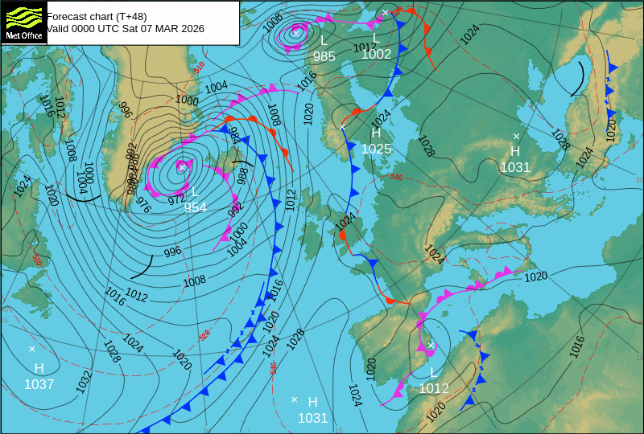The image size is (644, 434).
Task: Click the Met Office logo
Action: pyautogui.click(x=23, y=23)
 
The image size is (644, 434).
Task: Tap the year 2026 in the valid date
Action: pyautogui.click(x=191, y=29)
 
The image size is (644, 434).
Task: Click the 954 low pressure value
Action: pyautogui.click(x=195, y=207)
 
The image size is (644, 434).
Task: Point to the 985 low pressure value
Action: pyautogui.click(x=324, y=56)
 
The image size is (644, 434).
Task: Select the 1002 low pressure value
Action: pyautogui.click(x=376, y=54)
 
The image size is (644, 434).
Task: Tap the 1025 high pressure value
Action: pyautogui.click(x=376, y=149)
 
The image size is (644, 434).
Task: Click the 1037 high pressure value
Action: pyautogui.click(x=39, y=384)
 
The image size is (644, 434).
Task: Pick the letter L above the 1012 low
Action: pyautogui.click(x=433, y=373)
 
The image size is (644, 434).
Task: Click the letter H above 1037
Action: pyautogui.click(x=39, y=368)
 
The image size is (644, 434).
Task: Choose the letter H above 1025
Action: pyautogui.click(x=376, y=133)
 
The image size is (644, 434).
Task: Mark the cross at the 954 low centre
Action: pyautogui.click(x=183, y=167)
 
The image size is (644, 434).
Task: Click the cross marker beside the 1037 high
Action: pyautogui.click(x=32, y=349)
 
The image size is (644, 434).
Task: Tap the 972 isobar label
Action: pyautogui.click(x=176, y=199)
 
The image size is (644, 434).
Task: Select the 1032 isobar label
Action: pyautogui.click(x=84, y=381)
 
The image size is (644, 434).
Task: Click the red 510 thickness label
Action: pyautogui.click(x=199, y=68)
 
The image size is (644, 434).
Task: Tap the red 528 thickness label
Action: pyautogui.click(x=204, y=334)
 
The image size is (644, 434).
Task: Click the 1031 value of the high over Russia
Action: pyautogui.click(x=515, y=167)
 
